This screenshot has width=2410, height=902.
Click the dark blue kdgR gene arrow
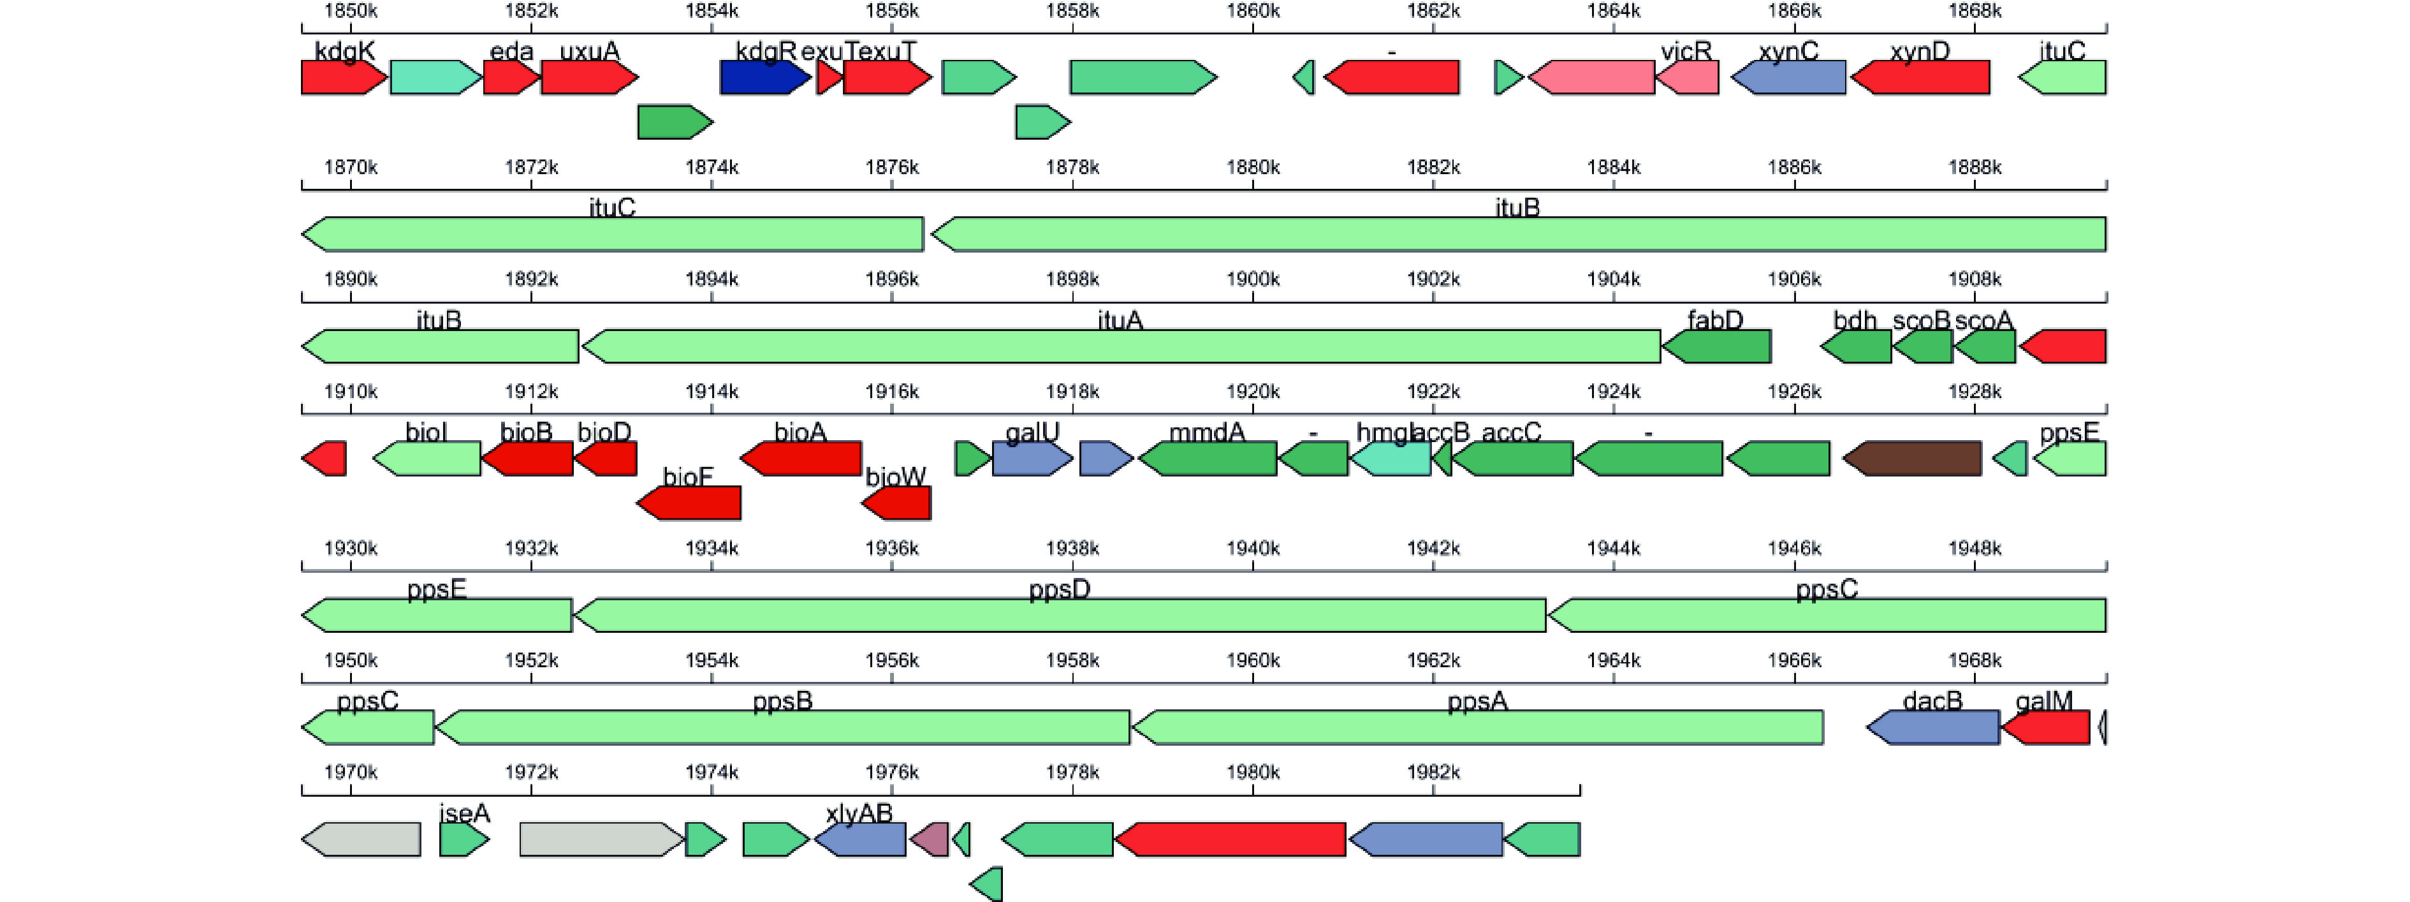(x=763, y=78)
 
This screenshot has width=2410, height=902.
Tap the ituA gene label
(x=1120, y=321)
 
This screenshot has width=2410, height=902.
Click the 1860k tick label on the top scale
(x=1253, y=11)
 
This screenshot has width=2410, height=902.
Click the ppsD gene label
(x=1059, y=589)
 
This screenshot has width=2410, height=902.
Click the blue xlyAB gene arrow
(x=861, y=839)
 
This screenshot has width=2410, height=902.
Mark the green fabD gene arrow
(x=1717, y=346)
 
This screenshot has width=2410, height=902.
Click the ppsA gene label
(x=1477, y=702)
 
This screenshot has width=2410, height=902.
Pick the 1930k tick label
(x=351, y=549)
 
